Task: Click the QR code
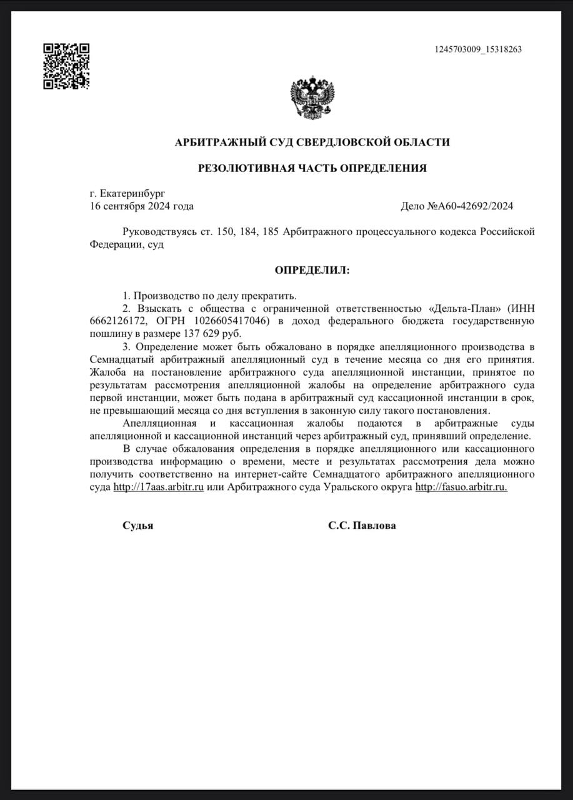coord(66,66)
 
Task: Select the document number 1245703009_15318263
coord(478,50)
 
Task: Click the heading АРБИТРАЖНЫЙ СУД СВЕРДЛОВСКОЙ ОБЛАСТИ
coord(312,142)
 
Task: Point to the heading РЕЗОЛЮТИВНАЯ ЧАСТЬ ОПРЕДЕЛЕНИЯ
coord(312,167)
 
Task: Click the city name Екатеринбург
coord(131,194)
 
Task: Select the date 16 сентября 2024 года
coord(142,206)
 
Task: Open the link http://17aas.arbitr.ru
coord(159,487)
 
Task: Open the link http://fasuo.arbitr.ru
coord(461,487)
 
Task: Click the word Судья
coord(137,526)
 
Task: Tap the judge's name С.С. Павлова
coord(362,526)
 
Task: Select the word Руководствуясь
coord(156,232)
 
